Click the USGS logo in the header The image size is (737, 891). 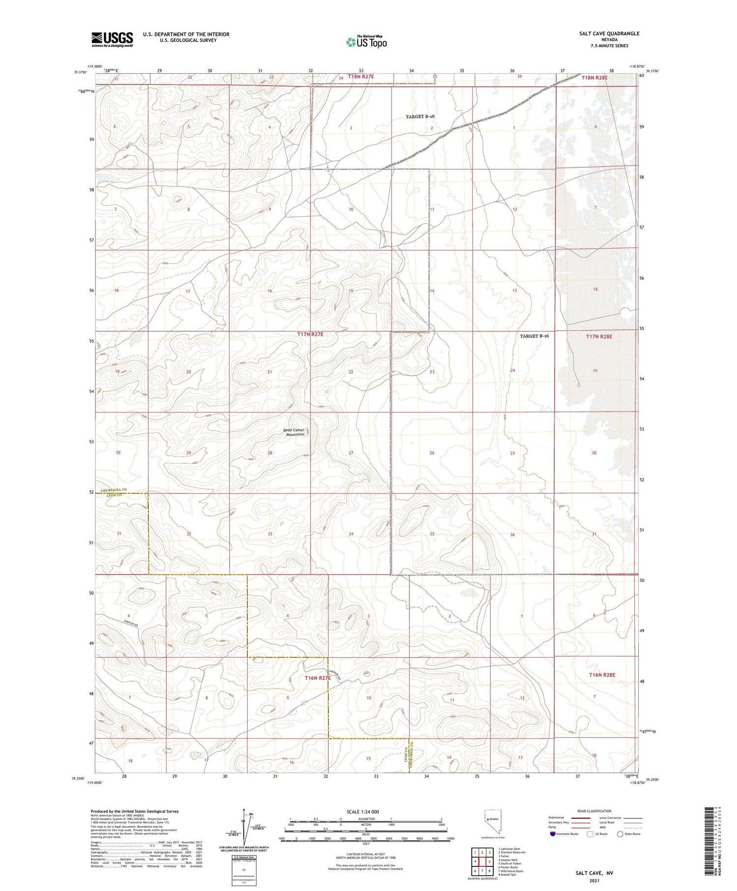pyautogui.click(x=112, y=39)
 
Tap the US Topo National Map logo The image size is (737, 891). pyautogui.click(x=367, y=42)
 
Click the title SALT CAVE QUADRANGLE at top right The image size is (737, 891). pyautogui.click(x=609, y=33)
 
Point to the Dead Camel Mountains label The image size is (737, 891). pyautogui.click(x=295, y=432)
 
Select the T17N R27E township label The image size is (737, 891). pyautogui.click(x=311, y=334)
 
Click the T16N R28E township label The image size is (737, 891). pyautogui.click(x=602, y=675)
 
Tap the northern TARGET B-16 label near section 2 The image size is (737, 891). pyautogui.click(x=420, y=116)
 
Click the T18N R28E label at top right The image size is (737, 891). pyautogui.click(x=595, y=77)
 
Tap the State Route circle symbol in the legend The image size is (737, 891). pyautogui.click(x=620, y=834)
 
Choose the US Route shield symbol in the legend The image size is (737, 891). pyautogui.click(x=590, y=834)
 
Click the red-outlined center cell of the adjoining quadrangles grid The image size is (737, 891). pyautogui.click(x=482, y=862)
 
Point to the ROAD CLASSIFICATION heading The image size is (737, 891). pyautogui.click(x=595, y=811)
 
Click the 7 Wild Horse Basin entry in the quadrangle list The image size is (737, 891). pyautogui.click(x=510, y=871)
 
